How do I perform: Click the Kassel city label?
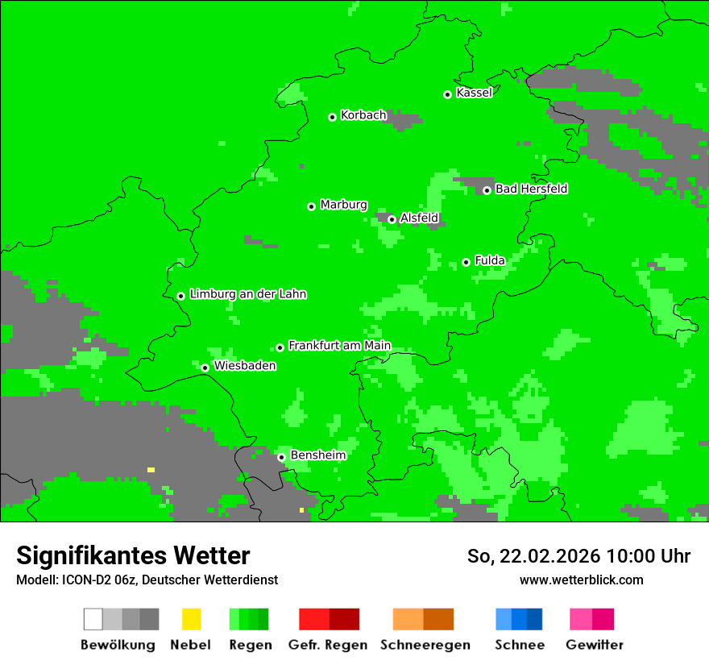[x=474, y=93]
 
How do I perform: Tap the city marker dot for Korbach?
[x=332, y=117]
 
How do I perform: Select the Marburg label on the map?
[x=343, y=205]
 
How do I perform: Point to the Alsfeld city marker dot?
[x=392, y=219]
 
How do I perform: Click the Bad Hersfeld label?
[x=531, y=189]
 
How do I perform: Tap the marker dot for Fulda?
[x=466, y=262]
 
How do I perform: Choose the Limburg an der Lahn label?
[x=247, y=294]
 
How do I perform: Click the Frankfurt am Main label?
[x=339, y=346]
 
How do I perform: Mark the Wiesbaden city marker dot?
[x=205, y=368]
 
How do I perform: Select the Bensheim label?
[x=317, y=455]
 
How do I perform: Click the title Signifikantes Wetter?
[x=133, y=555]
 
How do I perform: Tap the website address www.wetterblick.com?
[x=581, y=580]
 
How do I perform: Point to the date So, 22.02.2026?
[x=533, y=556]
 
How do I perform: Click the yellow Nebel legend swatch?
[x=191, y=619]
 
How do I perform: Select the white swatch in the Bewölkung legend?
[x=93, y=619]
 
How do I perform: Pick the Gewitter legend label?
[x=594, y=645]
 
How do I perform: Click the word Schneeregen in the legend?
[x=425, y=645]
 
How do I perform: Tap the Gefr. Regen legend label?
[x=327, y=645]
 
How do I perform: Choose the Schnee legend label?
[x=519, y=645]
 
